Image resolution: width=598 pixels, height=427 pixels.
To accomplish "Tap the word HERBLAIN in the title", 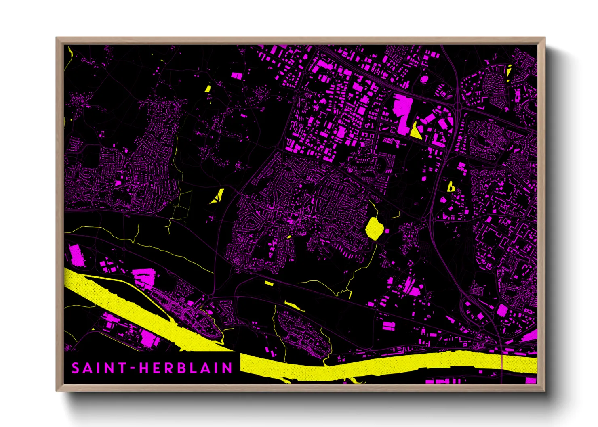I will pyautogui.click(x=185, y=368).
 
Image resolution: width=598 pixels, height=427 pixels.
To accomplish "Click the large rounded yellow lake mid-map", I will pyautogui.click(x=374, y=228).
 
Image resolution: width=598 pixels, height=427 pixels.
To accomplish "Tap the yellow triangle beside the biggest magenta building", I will pyautogui.click(x=415, y=131).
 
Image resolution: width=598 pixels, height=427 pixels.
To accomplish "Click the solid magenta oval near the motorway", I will pyautogui.click(x=424, y=80).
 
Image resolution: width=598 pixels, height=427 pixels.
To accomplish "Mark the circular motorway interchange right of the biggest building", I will pyautogui.click(x=458, y=106).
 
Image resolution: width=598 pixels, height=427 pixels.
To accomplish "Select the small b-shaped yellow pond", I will pyautogui.click(x=451, y=187).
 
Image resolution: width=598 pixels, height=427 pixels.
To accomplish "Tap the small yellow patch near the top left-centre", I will pyautogui.click(x=208, y=89).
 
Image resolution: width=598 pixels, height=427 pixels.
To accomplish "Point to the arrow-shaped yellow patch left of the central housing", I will pyautogui.click(x=218, y=196).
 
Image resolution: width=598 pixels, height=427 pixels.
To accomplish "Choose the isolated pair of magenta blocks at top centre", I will pyautogui.click(x=236, y=75).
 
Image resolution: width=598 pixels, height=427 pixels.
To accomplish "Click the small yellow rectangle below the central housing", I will pyautogui.click(x=269, y=283).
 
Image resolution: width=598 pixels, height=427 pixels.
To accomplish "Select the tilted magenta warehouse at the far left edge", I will pyautogui.click(x=76, y=255).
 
